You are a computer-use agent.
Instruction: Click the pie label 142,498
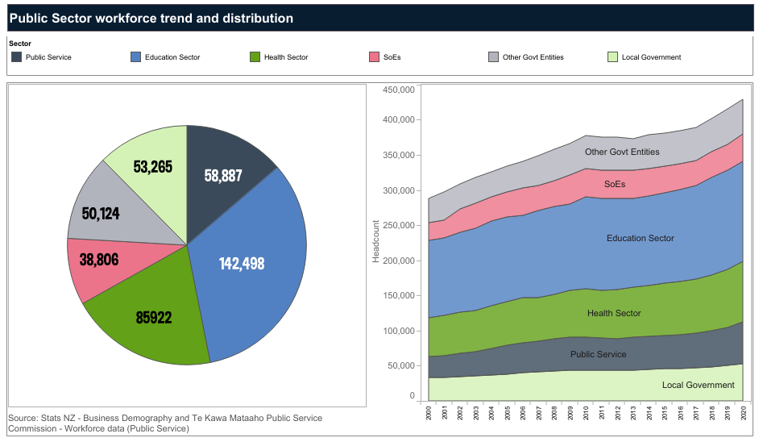[242, 263]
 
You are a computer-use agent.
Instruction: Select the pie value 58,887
[223, 174]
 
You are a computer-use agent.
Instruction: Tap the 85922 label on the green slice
[154, 317]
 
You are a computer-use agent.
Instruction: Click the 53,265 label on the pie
[147, 167]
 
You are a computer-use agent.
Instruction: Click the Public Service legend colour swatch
[17, 57]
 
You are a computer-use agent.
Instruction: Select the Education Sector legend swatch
[136, 57]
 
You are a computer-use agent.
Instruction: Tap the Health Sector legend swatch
[255, 57]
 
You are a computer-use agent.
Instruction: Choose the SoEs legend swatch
[375, 57]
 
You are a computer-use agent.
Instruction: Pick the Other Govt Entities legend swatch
[494, 57]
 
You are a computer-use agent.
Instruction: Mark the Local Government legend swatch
[613, 57]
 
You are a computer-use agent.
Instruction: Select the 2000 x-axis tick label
[429, 413]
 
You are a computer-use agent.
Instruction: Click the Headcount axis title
[375, 242]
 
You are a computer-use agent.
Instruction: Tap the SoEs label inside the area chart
[615, 185]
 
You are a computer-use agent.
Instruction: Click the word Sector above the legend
[21, 43]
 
